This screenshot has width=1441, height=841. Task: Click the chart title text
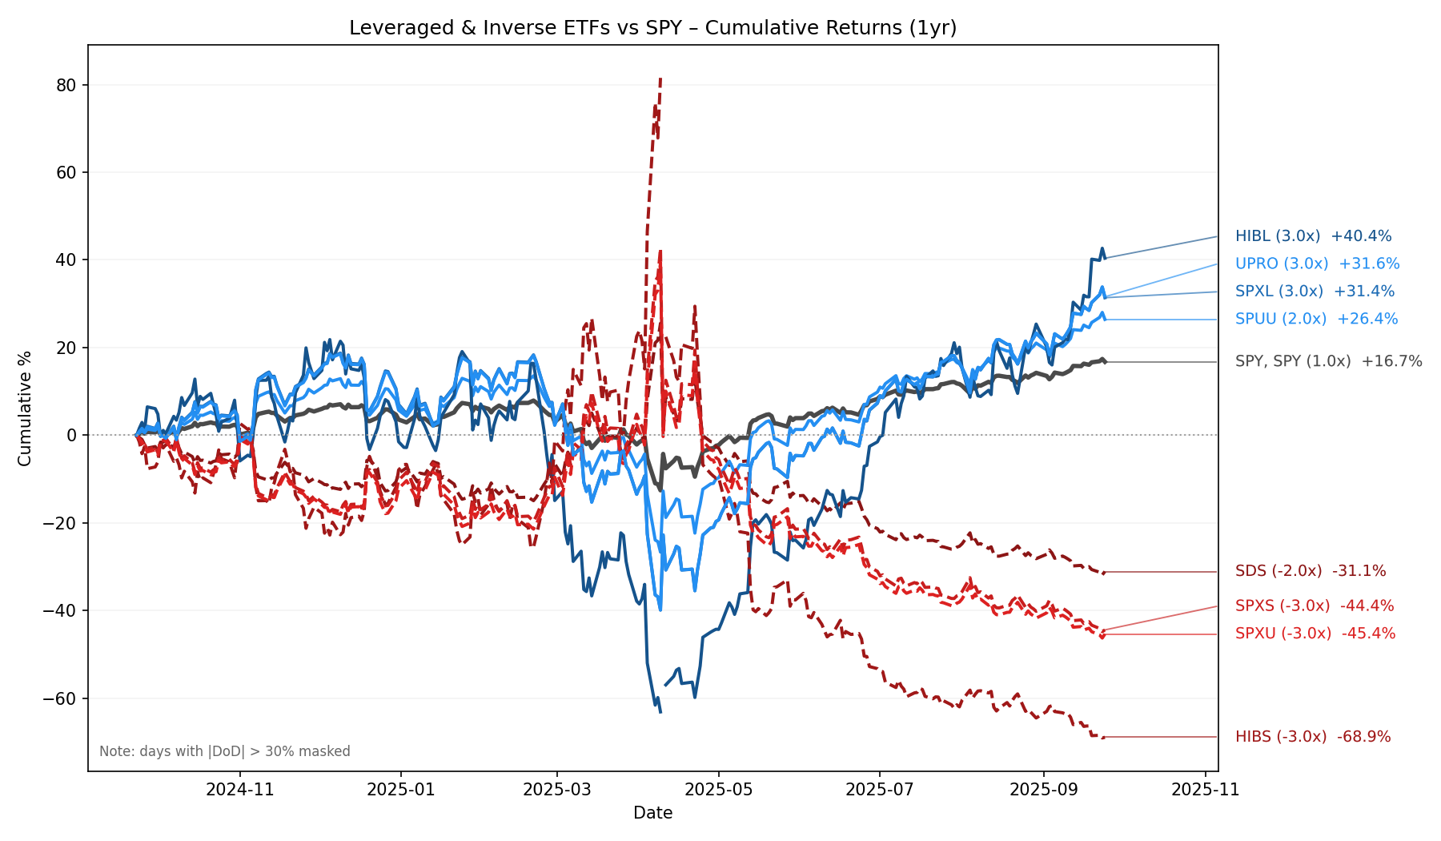pos(652,28)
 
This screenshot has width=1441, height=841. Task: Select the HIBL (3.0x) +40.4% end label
pos(1313,236)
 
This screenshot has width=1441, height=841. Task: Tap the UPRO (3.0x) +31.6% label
pos(1317,264)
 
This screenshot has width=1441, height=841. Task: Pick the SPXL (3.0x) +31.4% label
pos(1315,292)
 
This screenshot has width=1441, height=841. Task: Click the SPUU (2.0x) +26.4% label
pos(1316,319)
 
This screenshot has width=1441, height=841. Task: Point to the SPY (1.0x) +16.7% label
pos(1328,361)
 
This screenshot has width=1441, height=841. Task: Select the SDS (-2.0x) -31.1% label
pos(1311,571)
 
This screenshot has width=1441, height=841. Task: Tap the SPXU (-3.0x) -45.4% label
pos(1315,634)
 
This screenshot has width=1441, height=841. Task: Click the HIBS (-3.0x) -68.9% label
pos(1313,737)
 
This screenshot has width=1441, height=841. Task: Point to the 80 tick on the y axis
pos(69,85)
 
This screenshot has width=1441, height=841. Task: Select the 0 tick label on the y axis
pos(72,436)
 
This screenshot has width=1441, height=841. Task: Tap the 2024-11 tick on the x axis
pos(240,790)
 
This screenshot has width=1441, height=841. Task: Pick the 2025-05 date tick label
pos(719,790)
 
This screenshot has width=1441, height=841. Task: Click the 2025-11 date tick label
pos(1205,790)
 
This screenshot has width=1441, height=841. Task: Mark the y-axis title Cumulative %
pos(25,408)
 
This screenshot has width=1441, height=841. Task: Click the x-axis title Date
pos(652,813)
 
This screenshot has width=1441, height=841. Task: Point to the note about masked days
pos(225,751)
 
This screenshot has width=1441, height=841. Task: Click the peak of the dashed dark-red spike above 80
pos(660,78)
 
